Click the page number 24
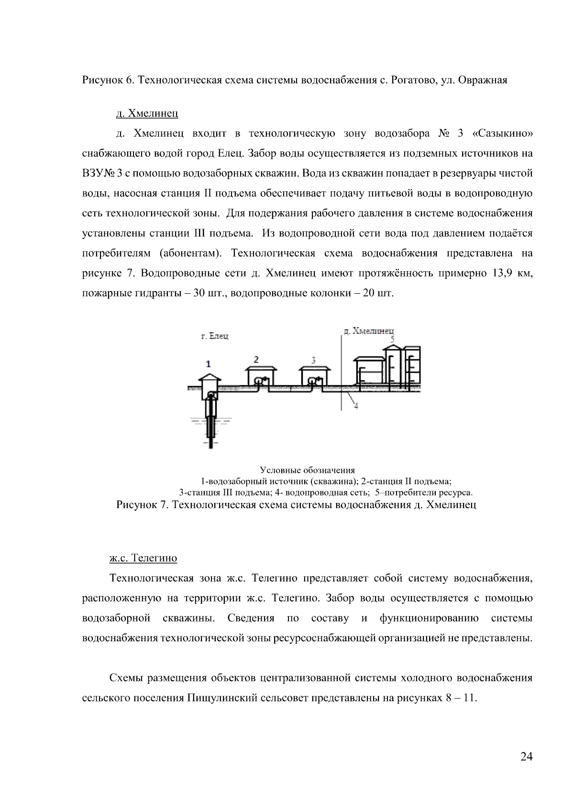click(526, 756)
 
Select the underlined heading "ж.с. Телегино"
click(143, 558)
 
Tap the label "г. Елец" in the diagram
click(214, 336)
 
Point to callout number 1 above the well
click(208, 364)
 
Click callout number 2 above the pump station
click(256, 359)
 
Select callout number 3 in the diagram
click(313, 359)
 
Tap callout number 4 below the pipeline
click(356, 406)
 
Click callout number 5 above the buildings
click(392, 339)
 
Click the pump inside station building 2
click(261, 380)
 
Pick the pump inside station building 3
click(314, 380)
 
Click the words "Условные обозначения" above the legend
click(307, 470)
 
